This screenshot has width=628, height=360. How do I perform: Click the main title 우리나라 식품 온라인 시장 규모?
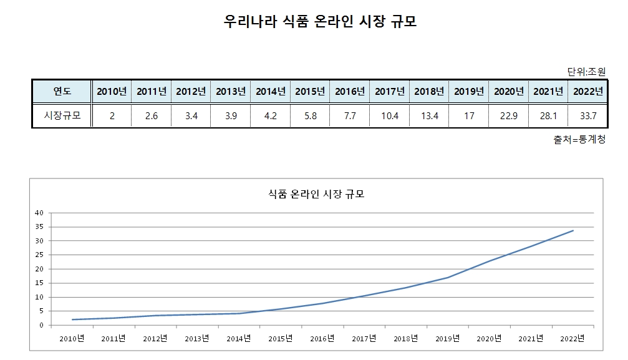click(x=320, y=22)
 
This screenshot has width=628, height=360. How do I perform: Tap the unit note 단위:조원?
click(x=586, y=71)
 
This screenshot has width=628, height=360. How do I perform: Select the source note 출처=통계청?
click(x=579, y=140)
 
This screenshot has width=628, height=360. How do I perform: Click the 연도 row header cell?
click(x=62, y=91)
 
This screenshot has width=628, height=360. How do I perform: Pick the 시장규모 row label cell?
click(x=62, y=115)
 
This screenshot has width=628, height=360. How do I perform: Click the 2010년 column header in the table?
click(x=112, y=91)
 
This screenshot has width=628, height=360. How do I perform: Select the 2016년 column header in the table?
click(x=350, y=91)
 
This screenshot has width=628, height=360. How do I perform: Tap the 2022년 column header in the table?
click(x=588, y=91)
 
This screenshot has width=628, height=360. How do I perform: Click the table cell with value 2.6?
click(x=152, y=115)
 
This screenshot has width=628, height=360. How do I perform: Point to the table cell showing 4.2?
click(x=271, y=115)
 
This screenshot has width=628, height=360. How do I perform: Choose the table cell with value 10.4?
click(x=390, y=115)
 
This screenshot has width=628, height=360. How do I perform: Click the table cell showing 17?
click(x=469, y=115)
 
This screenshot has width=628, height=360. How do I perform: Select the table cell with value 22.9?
click(x=509, y=115)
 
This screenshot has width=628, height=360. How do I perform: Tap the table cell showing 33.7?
click(x=588, y=115)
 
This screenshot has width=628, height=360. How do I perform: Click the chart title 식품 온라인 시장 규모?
click(x=315, y=194)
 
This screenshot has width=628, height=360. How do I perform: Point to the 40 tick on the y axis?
click(x=39, y=213)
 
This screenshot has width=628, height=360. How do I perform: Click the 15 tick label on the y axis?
click(x=39, y=283)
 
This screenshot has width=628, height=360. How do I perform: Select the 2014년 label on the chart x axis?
click(x=239, y=339)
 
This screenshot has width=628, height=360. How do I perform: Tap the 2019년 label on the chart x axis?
click(x=448, y=339)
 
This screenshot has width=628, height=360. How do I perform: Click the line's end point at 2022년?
click(x=573, y=230)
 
